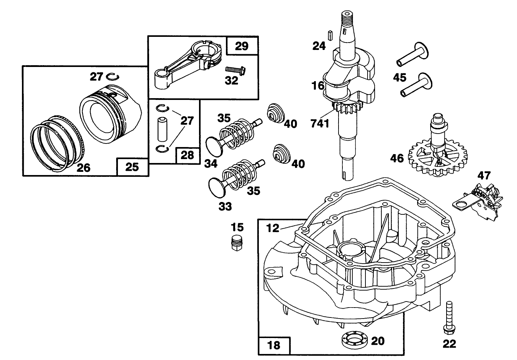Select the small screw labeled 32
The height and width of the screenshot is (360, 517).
[x=235, y=70]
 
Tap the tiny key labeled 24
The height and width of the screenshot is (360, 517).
[x=330, y=35]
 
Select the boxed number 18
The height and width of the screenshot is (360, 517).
[x=274, y=345]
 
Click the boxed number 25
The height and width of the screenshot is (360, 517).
[x=132, y=167]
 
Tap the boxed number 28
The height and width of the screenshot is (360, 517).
[x=187, y=155]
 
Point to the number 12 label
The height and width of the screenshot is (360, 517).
[x=273, y=229]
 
